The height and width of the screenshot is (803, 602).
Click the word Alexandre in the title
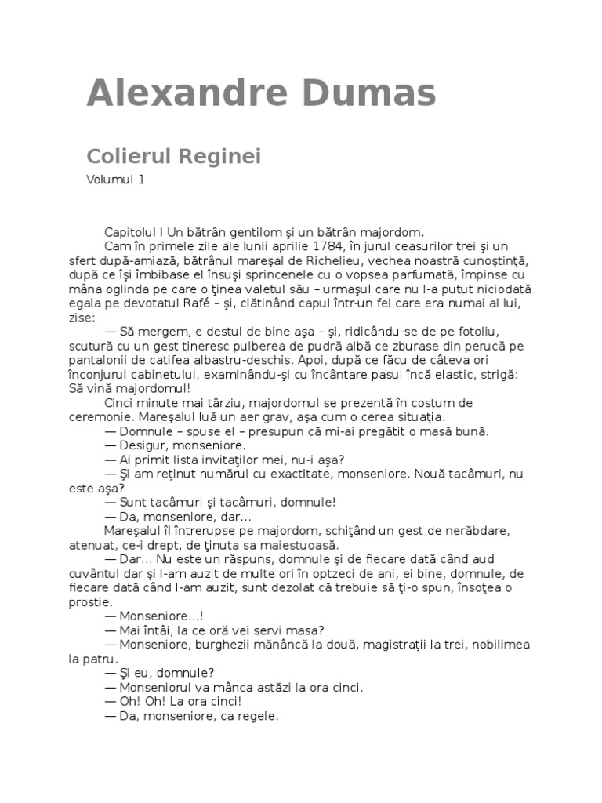[x=177, y=93]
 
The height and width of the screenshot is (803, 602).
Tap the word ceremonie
[x=115, y=417]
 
